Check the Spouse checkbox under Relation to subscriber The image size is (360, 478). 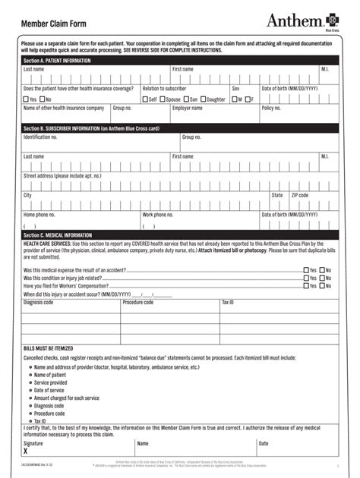[164, 99]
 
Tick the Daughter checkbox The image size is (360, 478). [204, 99]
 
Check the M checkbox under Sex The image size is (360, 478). [235, 99]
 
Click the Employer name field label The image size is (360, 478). [187, 108]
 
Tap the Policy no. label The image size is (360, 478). [272, 108]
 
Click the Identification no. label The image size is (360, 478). [41, 137]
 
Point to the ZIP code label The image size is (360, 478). [300, 195]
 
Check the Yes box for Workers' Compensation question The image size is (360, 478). [306, 285]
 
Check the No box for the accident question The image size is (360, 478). [321, 269]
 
